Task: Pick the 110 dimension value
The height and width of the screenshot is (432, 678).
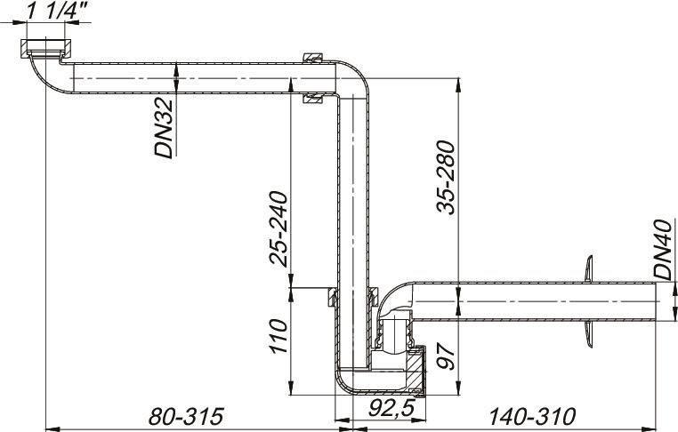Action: (278, 340)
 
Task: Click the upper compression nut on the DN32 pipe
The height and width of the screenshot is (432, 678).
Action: (311, 59)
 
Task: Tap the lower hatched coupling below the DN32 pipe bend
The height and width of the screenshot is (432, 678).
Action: (311, 99)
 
